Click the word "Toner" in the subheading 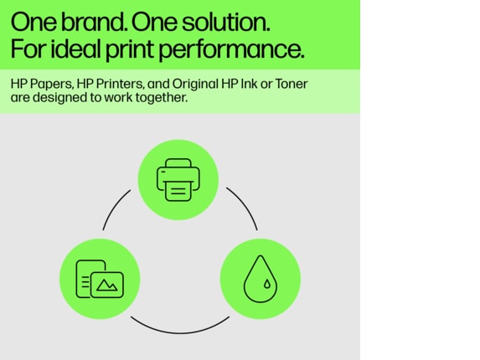(290, 85)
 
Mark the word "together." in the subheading (162, 98)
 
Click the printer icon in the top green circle (178, 179)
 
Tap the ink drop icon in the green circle (260, 278)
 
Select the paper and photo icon (100, 278)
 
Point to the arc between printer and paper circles (115, 208)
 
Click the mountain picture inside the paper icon (108, 285)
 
